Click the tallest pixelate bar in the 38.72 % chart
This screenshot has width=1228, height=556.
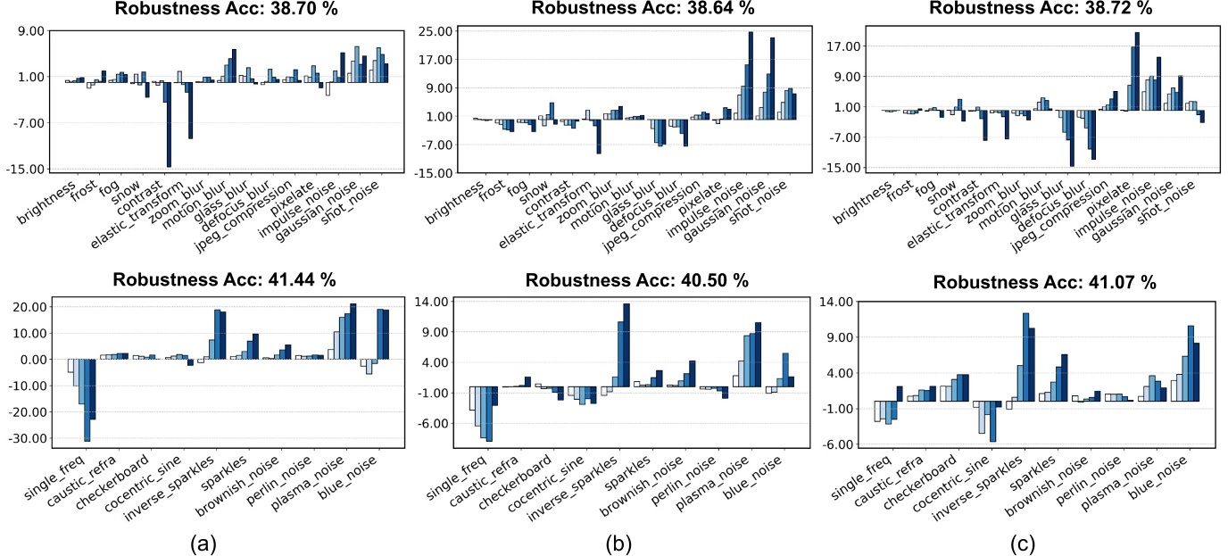coord(1137,71)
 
